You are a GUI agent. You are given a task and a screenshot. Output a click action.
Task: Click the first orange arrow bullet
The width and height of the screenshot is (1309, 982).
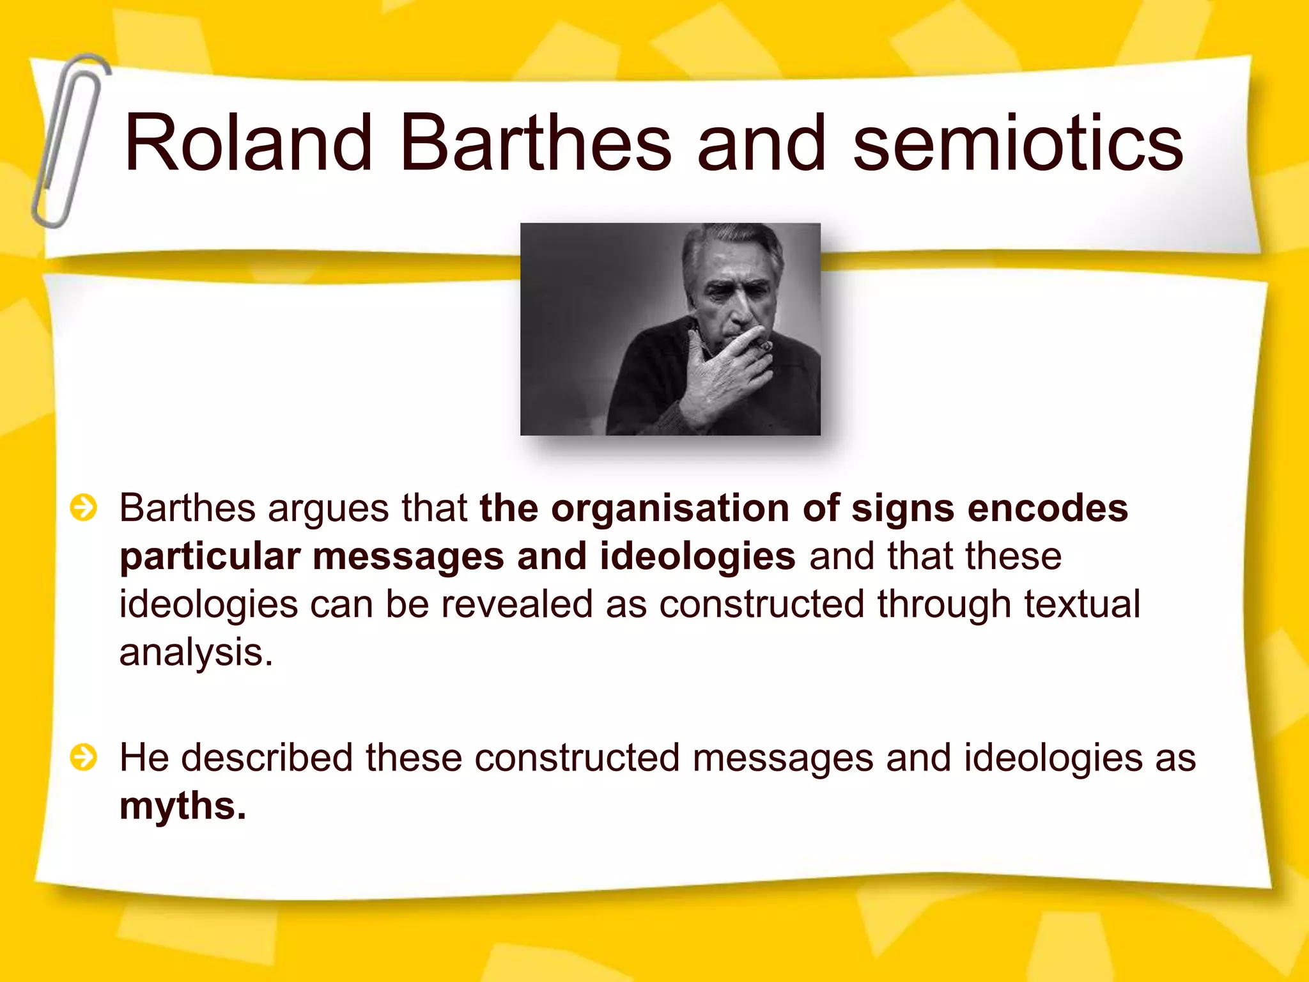coord(84,508)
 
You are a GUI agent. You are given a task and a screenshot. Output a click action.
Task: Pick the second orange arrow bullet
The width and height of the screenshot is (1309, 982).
coord(84,758)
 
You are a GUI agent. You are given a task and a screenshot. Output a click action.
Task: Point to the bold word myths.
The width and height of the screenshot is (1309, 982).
coord(182,806)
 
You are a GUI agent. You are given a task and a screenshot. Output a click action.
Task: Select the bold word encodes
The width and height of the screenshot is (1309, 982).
coord(1048,509)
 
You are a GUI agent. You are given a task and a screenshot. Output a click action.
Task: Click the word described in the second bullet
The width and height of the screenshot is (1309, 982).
coord(267,758)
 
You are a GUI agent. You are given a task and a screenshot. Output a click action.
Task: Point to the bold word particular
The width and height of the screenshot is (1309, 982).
coord(210,557)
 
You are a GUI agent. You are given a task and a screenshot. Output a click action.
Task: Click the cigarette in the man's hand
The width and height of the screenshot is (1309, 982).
coord(765,347)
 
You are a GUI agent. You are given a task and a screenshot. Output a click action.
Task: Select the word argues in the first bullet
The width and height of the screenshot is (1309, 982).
coord(327,510)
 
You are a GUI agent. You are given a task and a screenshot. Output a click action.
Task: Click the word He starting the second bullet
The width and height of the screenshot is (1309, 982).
coord(144,758)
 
